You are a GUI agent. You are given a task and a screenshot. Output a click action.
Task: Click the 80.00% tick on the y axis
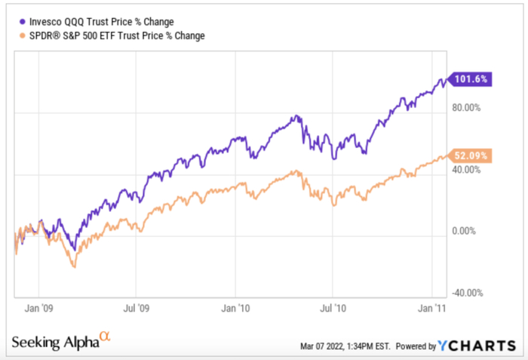point(465,107)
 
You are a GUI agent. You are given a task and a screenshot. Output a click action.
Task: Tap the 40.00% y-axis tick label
point(465,170)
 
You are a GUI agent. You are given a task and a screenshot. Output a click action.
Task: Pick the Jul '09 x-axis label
point(135,308)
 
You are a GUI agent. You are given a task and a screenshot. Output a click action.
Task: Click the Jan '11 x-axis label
point(432,308)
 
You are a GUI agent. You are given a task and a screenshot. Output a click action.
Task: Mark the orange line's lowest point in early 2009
point(74,266)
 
